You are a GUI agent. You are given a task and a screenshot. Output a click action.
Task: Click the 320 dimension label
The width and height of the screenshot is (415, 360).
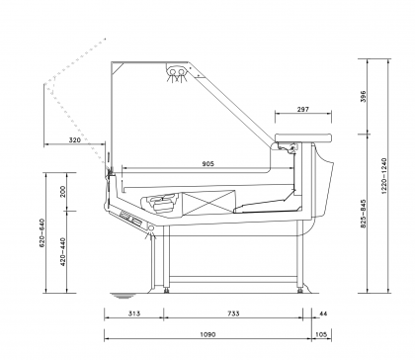pos(75,140)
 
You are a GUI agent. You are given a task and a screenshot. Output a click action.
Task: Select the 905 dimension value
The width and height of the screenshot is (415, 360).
pos(208,163)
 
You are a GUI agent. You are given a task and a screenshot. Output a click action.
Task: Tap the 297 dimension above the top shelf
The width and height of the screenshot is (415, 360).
pos(303,109)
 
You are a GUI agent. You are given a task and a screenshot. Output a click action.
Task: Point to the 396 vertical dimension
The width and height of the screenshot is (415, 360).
pos(363,96)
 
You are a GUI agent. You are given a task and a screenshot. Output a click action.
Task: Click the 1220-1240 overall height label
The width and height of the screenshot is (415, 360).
pos(384,176)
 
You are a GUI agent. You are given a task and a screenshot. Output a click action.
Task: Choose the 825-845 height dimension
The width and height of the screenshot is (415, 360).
pos(363,214)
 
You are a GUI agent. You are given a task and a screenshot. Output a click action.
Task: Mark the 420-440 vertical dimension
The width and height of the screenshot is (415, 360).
pos(63,252)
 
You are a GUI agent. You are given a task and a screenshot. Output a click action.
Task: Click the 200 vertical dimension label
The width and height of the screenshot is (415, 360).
pos(63,192)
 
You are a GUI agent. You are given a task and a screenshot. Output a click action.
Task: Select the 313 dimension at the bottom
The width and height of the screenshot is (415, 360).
pos(133,314)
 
